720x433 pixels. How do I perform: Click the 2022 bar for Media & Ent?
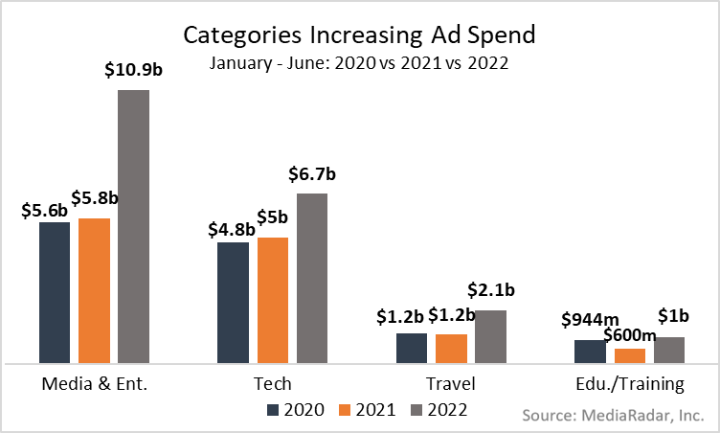tap(133, 227)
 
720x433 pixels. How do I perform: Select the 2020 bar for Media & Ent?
tap(55, 292)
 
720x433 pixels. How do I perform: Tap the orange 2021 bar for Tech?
tap(272, 300)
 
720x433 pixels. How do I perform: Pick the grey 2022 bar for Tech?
tap(311, 278)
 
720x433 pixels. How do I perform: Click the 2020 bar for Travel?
tap(412, 348)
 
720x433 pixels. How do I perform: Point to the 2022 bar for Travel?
tap(490, 336)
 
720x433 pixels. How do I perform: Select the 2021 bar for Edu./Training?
tap(629, 355)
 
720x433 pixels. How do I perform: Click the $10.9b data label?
tap(133, 70)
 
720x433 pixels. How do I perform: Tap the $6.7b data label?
tap(312, 174)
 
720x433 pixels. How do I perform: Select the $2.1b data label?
tap(491, 290)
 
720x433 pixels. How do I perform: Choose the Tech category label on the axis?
tap(272, 385)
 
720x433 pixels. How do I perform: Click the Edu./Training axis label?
tap(630, 385)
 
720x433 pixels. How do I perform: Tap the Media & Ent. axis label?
tap(93, 385)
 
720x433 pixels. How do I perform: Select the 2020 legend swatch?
tap(274, 410)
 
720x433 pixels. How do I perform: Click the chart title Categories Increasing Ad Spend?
tap(360, 35)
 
